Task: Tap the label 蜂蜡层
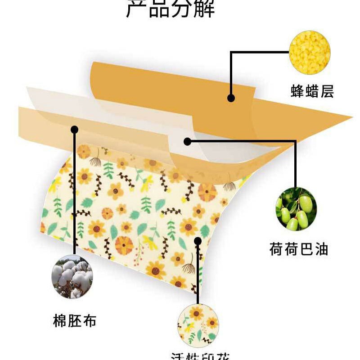[312, 91]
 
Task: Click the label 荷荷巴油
[298, 249]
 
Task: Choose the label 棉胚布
[74, 321]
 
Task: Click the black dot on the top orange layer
[231, 98]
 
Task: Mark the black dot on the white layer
[188, 141]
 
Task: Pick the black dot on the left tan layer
[75, 130]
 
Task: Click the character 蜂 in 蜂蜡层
[297, 91]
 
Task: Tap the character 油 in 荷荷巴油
[320, 249]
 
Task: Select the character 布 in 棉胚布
[89, 321]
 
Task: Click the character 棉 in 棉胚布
[60, 321]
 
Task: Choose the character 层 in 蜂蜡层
[327, 91]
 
